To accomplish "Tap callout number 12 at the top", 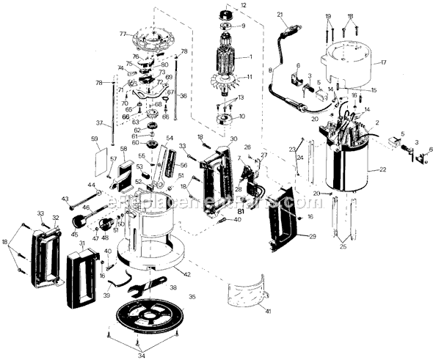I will pyautogui.click(x=243, y=5).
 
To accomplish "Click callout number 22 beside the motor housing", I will pyautogui.click(x=382, y=169).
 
